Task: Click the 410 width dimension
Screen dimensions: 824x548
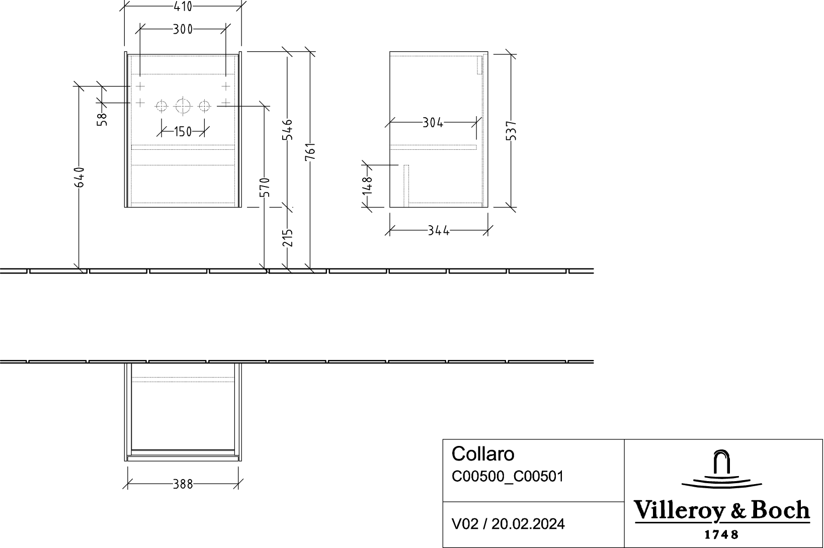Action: point(183,6)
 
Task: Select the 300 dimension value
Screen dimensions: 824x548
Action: point(183,29)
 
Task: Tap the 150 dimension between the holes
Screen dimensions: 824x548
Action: point(183,131)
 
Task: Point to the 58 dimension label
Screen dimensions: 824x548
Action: point(102,119)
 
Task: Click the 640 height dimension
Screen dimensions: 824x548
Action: point(79,177)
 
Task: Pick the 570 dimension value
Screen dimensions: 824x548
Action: point(265,187)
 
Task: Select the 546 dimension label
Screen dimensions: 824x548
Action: point(287,129)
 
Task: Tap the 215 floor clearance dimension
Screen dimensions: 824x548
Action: point(287,238)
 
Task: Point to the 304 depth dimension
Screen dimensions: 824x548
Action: point(433,123)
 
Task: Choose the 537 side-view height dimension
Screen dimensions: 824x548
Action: point(511,131)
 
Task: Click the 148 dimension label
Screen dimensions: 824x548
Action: point(367,186)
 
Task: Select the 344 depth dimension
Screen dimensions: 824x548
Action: point(439,231)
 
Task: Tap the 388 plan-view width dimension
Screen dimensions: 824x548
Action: point(183,485)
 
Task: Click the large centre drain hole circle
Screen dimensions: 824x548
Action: point(183,106)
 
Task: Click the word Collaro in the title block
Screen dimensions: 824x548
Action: point(482,454)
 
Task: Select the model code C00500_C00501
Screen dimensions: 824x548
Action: point(507,476)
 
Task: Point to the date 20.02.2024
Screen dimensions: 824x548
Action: point(528,524)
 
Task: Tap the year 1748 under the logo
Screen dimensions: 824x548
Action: point(721,534)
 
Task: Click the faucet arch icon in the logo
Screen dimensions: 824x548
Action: point(721,462)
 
